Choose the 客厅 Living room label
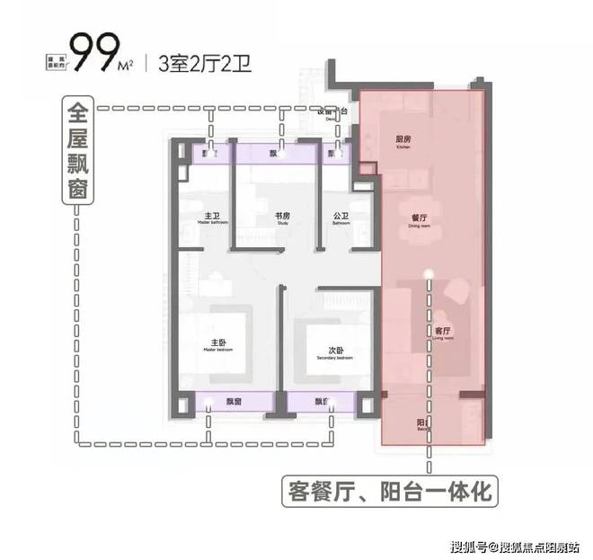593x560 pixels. coord(442,332)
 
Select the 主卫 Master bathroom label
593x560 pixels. coord(212,218)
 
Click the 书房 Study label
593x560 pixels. coord(282,218)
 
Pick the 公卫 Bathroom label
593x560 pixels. coord(340,218)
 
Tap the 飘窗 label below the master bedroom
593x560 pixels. coord(235,401)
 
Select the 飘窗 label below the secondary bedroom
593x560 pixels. coord(320,401)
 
